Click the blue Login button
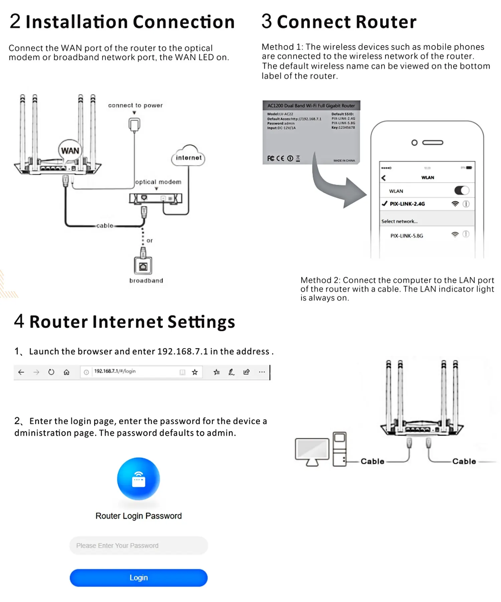pyautogui.click(x=139, y=578)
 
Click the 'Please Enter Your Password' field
pyautogui.click(x=139, y=545)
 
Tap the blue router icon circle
pyautogui.click(x=139, y=479)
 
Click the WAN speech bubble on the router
pyautogui.click(x=70, y=151)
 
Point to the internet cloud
pyautogui.click(x=189, y=157)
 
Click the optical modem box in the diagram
pyautogui.click(x=156, y=198)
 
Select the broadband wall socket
pyautogui.click(x=143, y=266)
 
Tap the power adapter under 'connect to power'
pyautogui.click(x=134, y=124)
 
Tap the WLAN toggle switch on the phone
pyautogui.click(x=462, y=191)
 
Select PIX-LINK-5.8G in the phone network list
pyautogui.click(x=407, y=236)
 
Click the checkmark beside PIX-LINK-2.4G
pyautogui.click(x=384, y=204)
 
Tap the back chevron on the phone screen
pyautogui.click(x=383, y=178)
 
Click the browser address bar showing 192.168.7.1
pyautogui.click(x=134, y=372)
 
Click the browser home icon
pyautogui.click(x=66, y=372)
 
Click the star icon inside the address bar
pyautogui.click(x=195, y=372)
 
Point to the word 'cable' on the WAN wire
pyautogui.click(x=105, y=226)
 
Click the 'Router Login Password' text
pyautogui.click(x=139, y=516)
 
